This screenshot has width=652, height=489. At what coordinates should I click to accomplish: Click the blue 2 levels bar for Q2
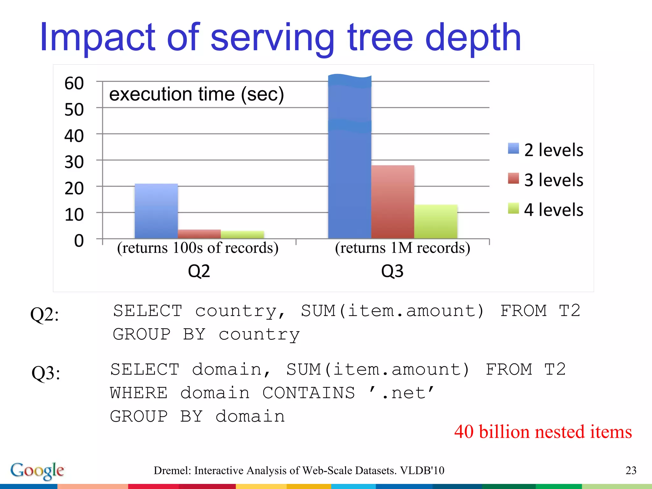[x=156, y=211]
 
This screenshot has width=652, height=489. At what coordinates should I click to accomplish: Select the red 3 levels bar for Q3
[x=393, y=202]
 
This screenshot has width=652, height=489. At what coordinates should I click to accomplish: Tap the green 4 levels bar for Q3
[x=436, y=222]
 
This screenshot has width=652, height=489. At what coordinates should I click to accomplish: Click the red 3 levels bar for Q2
[x=199, y=234]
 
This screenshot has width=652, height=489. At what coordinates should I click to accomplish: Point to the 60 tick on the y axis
[x=74, y=83]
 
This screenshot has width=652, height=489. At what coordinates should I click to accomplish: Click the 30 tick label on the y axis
[x=74, y=162]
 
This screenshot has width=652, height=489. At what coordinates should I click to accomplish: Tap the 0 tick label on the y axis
[x=79, y=241]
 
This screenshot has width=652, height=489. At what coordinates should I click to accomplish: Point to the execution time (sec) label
[x=196, y=94]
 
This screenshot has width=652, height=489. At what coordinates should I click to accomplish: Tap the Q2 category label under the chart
[x=199, y=271]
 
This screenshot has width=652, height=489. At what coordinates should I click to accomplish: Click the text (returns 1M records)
[x=402, y=248]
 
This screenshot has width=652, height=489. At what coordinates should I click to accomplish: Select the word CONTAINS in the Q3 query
[x=308, y=393]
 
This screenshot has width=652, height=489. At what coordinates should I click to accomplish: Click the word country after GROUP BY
[x=259, y=335]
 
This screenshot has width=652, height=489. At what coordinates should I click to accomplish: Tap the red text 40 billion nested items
[x=543, y=432]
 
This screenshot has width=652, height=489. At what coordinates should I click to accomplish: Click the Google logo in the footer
[x=37, y=471]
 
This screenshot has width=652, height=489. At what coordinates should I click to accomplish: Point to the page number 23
[x=631, y=471]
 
